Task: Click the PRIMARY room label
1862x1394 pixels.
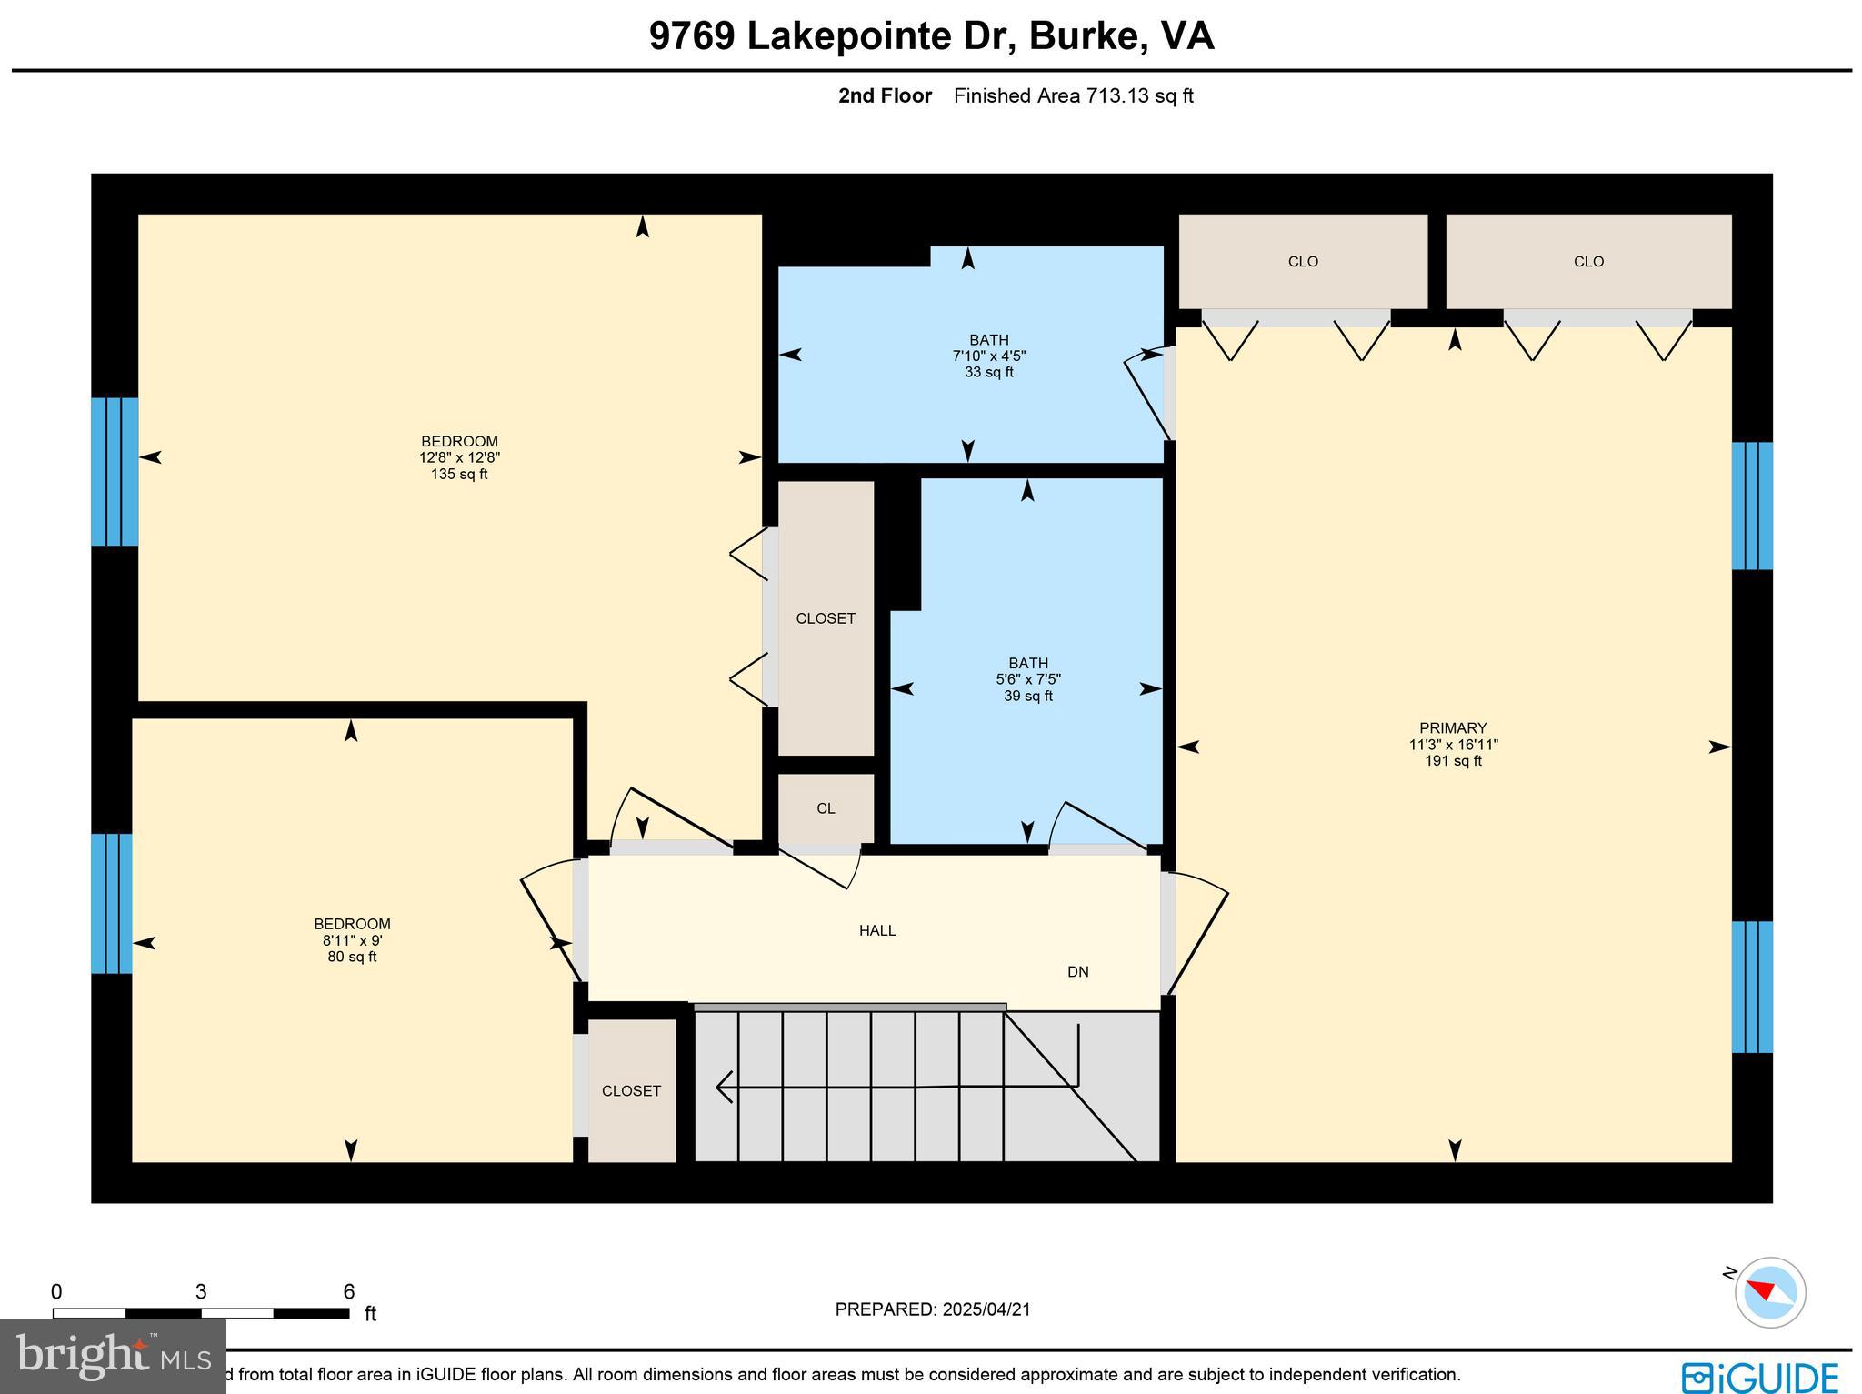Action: tap(1452, 727)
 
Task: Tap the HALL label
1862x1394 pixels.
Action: tap(877, 930)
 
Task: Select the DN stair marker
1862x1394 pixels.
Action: tap(1077, 972)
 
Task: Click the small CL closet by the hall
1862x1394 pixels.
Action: tap(826, 808)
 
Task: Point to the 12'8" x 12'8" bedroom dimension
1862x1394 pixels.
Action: tap(459, 458)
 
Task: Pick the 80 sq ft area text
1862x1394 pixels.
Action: tap(352, 958)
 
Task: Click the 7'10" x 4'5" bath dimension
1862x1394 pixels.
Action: tap(988, 356)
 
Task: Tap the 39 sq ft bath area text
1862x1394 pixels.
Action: tap(1027, 697)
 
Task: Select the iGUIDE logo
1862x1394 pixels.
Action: tap(1760, 1377)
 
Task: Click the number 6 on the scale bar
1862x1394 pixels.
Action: tap(348, 1292)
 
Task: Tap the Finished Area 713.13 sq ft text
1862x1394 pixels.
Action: tap(1073, 96)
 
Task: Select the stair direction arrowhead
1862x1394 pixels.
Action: tap(726, 1086)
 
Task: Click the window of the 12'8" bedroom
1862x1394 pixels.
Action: tap(115, 471)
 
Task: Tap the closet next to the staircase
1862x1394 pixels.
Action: tap(631, 1090)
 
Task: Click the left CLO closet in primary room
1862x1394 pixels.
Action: tap(1302, 262)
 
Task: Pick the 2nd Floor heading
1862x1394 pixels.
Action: tap(885, 96)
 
